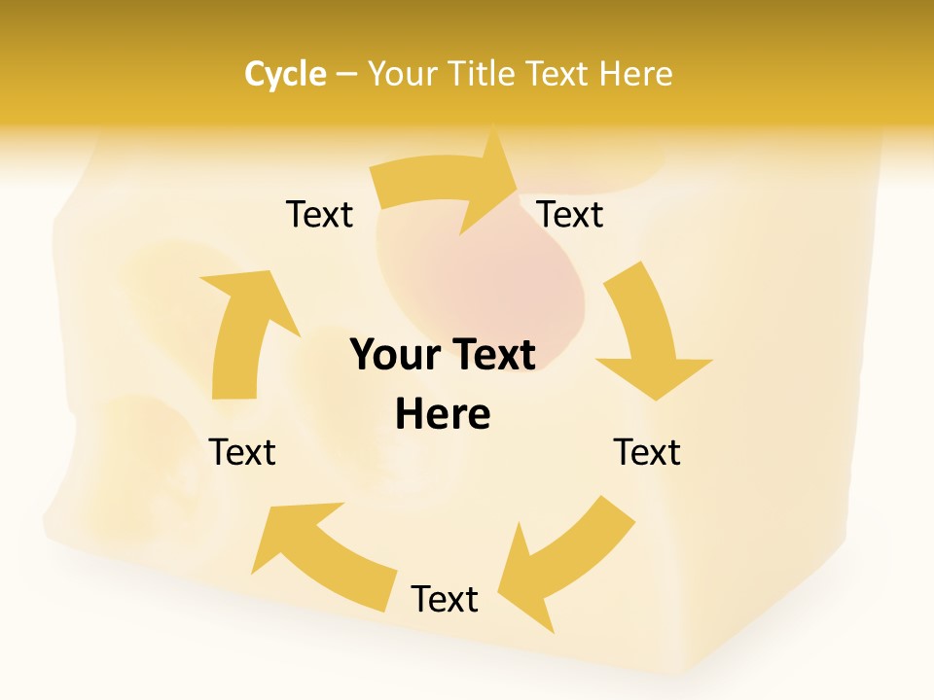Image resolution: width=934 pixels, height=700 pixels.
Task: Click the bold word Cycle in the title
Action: [285, 74]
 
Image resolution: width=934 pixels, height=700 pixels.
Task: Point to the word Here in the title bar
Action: [636, 74]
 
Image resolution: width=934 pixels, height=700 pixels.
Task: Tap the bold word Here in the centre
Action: [443, 414]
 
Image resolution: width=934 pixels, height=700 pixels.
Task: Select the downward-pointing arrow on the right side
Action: [647, 335]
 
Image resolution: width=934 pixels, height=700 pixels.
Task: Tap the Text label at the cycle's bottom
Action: [445, 599]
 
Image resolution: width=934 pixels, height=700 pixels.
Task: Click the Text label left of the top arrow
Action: [319, 214]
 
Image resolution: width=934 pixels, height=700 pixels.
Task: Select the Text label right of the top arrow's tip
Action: [570, 214]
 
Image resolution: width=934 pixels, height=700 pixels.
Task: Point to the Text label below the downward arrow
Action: [647, 452]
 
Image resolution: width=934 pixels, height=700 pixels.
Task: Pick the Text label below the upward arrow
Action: [242, 452]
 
